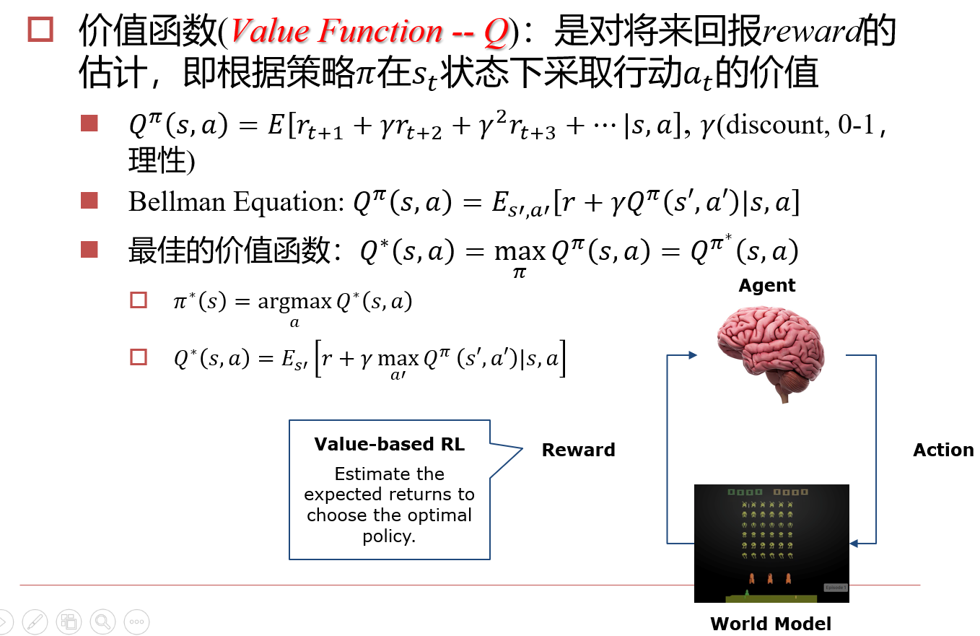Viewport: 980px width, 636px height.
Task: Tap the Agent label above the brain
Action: (767, 286)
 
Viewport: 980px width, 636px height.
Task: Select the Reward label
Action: (578, 450)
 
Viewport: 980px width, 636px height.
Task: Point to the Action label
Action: (943, 450)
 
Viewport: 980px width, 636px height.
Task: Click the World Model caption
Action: (771, 624)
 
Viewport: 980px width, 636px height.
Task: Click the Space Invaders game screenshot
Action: (771, 543)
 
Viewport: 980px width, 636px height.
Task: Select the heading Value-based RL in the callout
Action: (390, 444)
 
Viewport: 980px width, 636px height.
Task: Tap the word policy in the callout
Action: (389, 536)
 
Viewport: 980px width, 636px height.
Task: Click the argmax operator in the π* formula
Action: (294, 302)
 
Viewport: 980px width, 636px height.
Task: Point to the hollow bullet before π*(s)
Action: (138, 300)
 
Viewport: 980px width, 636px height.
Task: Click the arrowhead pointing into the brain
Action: (694, 354)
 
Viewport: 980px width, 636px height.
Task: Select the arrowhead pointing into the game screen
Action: (855, 543)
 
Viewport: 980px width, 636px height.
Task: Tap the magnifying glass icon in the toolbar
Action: (103, 621)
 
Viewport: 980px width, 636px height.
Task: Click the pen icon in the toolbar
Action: (35, 621)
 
